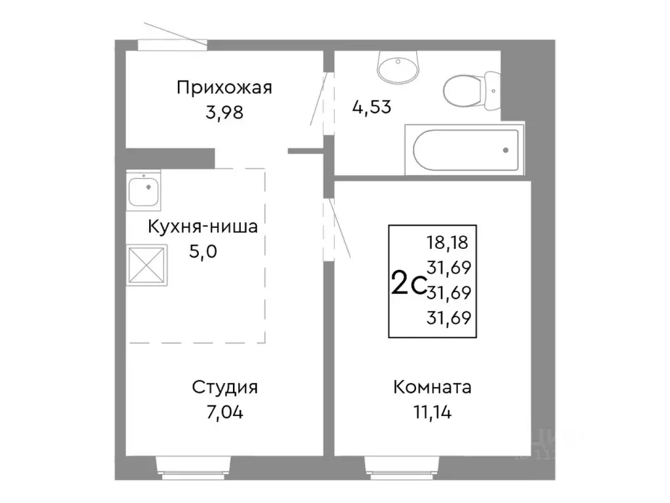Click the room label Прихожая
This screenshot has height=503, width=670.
click(x=224, y=88)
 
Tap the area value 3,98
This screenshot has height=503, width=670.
click(x=224, y=113)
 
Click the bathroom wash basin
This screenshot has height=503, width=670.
click(x=398, y=67)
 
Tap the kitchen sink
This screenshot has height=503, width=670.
click(x=143, y=191)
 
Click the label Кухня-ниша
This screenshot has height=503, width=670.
click(x=203, y=227)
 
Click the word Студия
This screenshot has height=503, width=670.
click(x=224, y=387)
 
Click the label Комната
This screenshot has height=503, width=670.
click(x=432, y=387)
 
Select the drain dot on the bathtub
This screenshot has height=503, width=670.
click(x=506, y=150)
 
